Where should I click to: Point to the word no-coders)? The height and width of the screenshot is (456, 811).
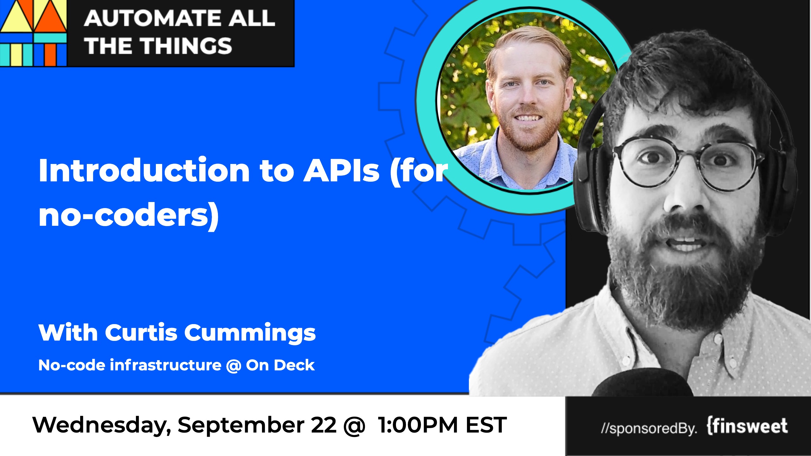tap(129, 216)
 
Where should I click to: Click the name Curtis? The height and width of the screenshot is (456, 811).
tap(141, 333)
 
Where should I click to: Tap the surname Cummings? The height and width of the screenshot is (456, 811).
tap(250, 334)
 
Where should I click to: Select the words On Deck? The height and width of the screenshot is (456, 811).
tap(280, 365)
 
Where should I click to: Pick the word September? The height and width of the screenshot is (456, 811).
tap(241, 426)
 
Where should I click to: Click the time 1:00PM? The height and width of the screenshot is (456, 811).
tap(418, 425)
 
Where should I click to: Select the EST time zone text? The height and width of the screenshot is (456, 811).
tap(486, 425)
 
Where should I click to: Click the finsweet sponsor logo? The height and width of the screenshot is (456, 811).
tap(747, 426)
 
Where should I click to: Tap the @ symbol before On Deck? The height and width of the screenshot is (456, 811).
tap(234, 366)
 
